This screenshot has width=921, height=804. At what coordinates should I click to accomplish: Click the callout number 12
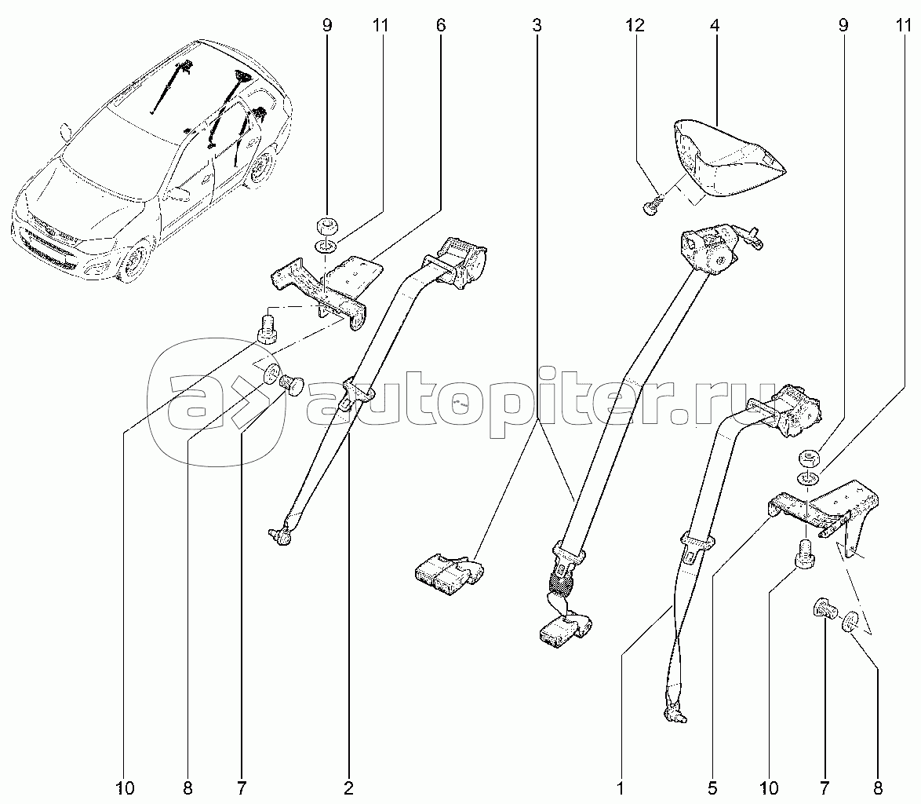pos(635,25)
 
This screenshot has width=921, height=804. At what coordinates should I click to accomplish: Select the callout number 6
pos(441,25)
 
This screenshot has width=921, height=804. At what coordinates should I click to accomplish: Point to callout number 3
pos(537,25)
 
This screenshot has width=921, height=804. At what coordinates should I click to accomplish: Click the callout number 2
pos(348,788)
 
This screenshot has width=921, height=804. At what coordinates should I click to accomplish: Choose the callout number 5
pos(712,788)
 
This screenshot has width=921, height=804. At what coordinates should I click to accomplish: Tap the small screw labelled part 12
pos(652,206)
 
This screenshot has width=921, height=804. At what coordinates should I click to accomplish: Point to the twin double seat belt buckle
pos(450,572)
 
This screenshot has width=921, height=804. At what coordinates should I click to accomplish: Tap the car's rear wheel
pos(259,169)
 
